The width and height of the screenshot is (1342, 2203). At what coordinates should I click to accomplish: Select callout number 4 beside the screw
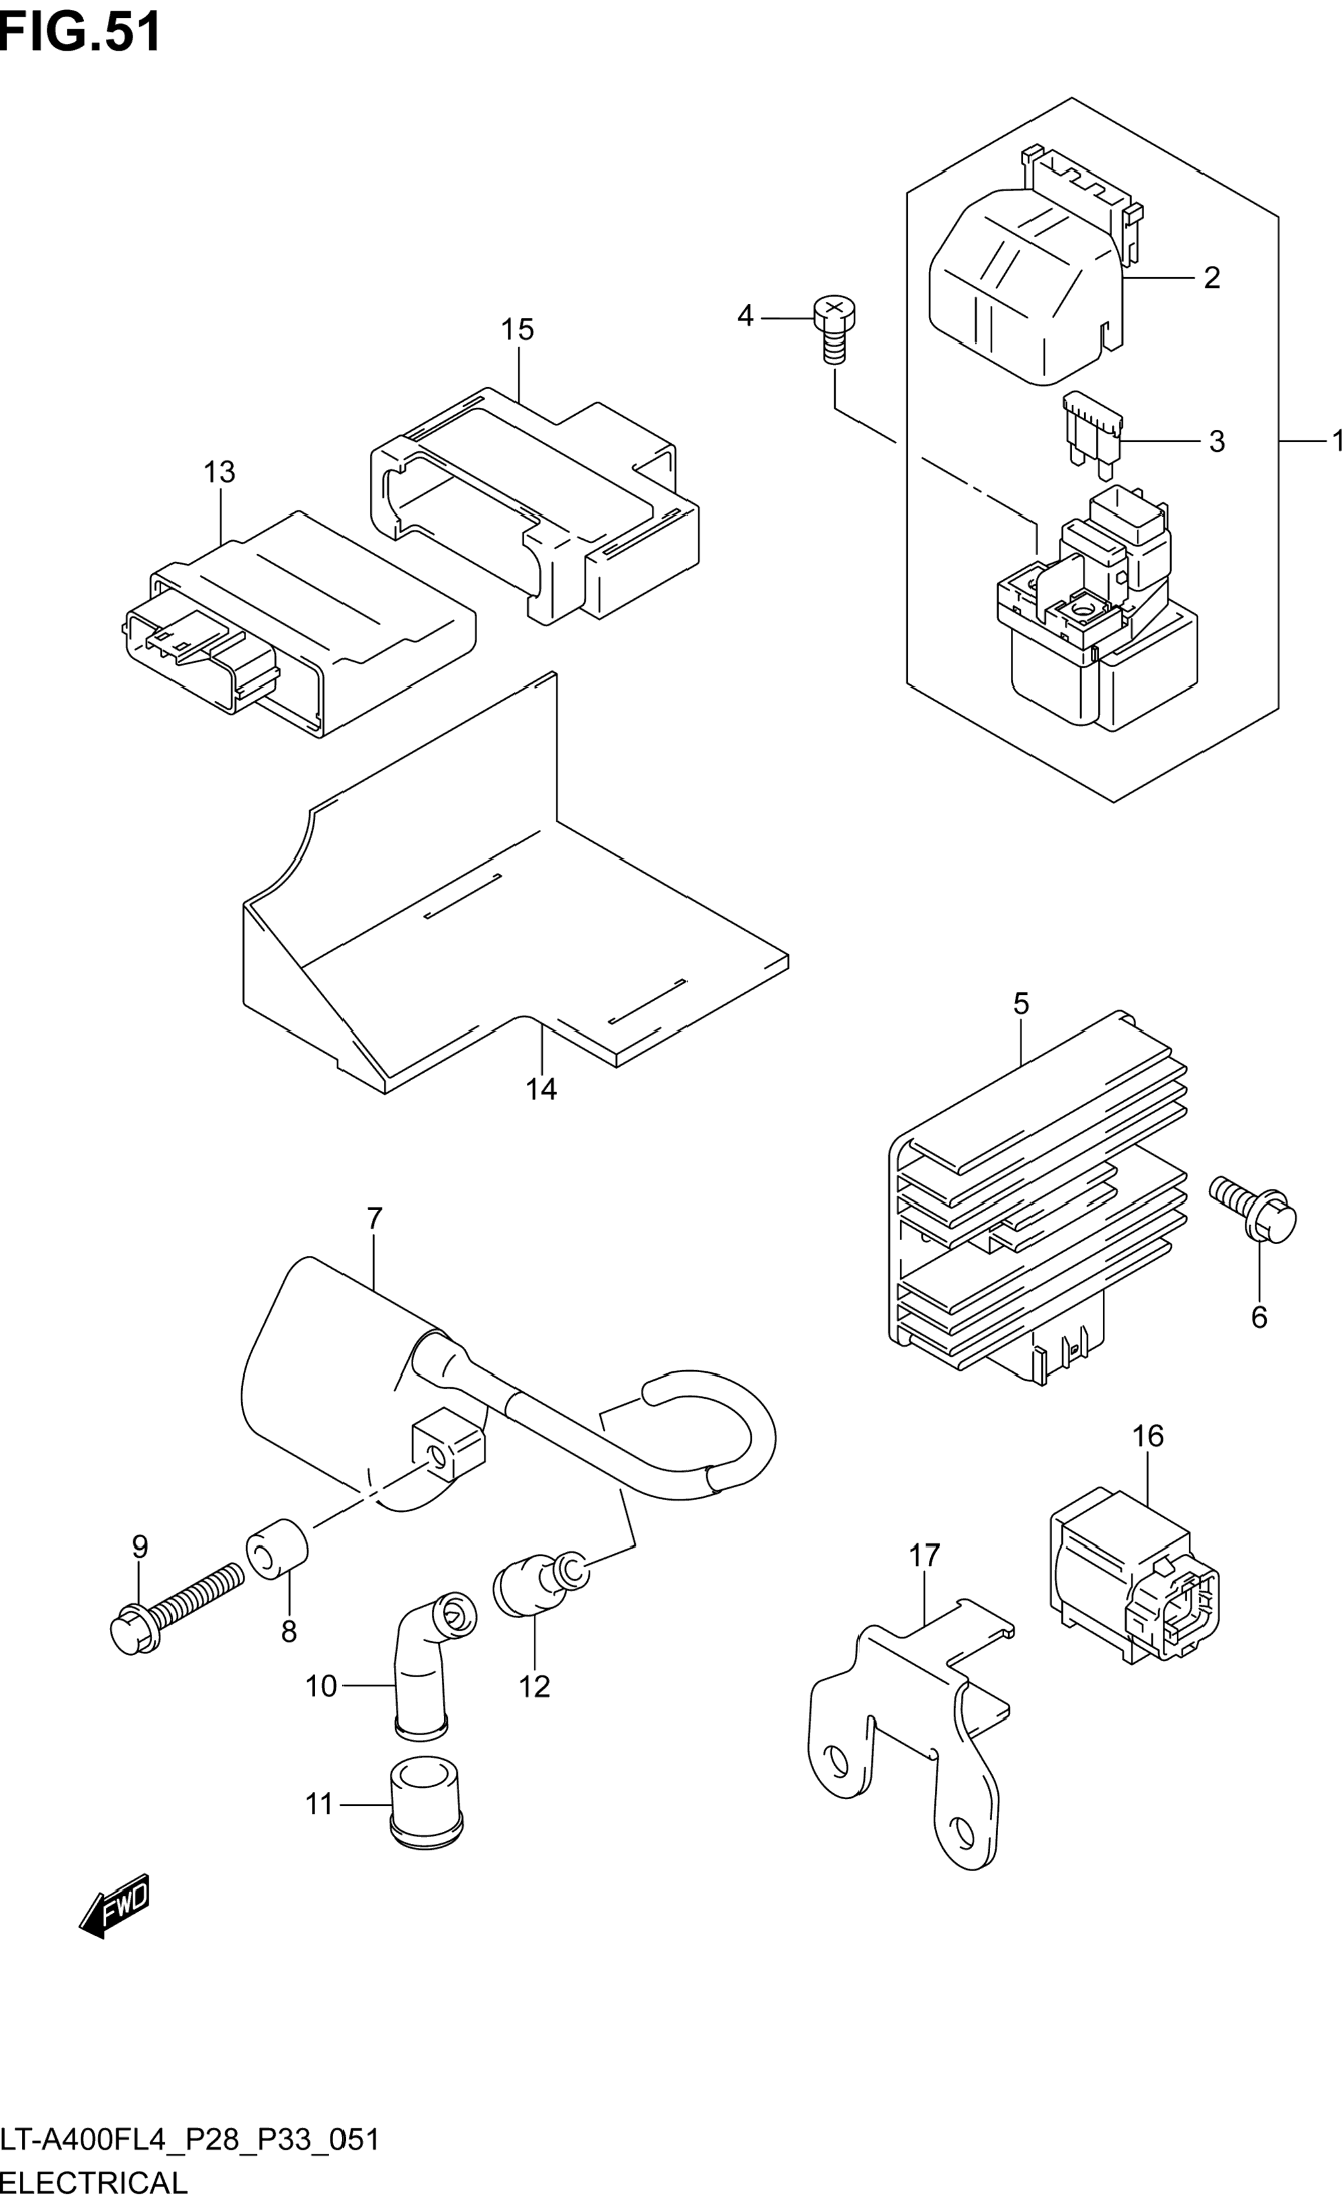click(745, 316)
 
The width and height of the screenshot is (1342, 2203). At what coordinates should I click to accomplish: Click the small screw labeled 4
click(834, 330)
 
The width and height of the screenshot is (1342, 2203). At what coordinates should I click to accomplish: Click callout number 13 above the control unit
click(219, 472)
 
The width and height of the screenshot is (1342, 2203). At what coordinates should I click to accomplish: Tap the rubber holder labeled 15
click(534, 505)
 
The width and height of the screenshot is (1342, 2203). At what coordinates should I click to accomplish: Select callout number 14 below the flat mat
click(541, 1089)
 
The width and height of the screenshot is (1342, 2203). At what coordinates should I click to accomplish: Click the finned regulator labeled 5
click(1037, 1199)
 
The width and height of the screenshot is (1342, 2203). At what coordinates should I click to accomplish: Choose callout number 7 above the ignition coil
click(374, 1217)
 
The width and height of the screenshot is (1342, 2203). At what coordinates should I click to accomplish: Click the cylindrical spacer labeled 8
click(277, 1549)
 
